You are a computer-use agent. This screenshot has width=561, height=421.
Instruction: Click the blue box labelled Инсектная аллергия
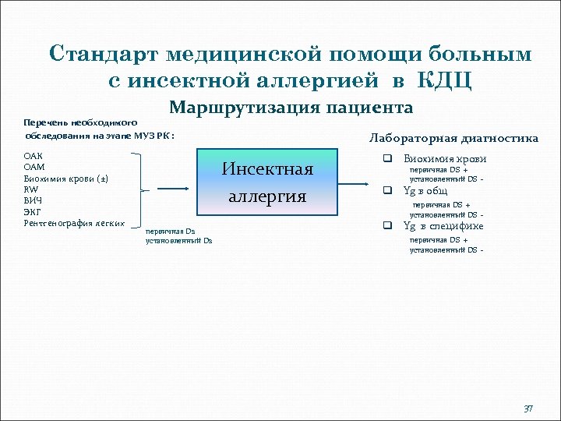tap(267, 182)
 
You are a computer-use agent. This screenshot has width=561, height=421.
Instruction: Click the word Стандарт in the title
tap(101, 54)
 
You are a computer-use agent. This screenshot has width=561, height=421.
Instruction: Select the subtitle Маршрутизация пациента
tap(291, 107)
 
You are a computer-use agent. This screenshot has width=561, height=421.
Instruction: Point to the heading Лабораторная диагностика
tap(453, 139)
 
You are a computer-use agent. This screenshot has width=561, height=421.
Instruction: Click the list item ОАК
tap(34, 157)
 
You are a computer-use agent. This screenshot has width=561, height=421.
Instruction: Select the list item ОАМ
tap(34, 168)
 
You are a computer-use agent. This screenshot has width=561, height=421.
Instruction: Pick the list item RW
tap(31, 189)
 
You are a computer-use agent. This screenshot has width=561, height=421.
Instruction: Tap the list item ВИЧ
tap(34, 200)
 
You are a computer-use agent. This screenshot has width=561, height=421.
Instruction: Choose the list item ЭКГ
tap(33, 211)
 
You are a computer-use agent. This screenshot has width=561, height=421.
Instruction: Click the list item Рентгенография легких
tap(74, 223)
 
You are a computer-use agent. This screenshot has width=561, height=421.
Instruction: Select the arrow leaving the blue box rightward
tap(357, 184)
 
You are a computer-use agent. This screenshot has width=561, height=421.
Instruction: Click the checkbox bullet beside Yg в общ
tap(385, 190)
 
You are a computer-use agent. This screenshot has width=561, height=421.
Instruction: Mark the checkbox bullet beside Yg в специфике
tap(385, 226)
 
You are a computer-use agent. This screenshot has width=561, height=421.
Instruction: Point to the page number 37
tap(527, 409)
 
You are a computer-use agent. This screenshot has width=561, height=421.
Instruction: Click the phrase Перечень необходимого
tap(80, 122)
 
